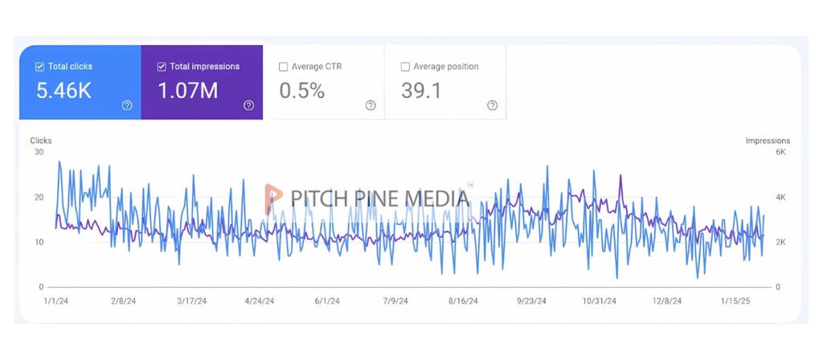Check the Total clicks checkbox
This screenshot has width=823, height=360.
click(x=39, y=67)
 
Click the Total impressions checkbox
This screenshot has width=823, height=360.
click(x=162, y=67)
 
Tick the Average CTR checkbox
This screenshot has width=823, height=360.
click(x=283, y=67)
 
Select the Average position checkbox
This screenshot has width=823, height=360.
click(x=405, y=67)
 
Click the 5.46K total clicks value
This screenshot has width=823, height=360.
click(x=63, y=91)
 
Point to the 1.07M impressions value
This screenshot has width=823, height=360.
click(x=187, y=91)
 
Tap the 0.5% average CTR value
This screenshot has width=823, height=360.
click(x=301, y=91)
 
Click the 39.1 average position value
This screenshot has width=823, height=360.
click(x=421, y=91)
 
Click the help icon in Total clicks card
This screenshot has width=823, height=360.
click(x=127, y=105)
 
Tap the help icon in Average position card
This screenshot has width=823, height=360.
click(x=492, y=105)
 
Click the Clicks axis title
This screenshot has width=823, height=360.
click(x=41, y=141)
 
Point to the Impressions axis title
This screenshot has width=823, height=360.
click(x=768, y=141)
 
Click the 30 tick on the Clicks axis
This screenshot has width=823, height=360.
click(x=39, y=152)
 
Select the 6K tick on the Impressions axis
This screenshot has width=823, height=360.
click(x=780, y=152)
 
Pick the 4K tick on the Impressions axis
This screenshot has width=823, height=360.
click(x=780, y=197)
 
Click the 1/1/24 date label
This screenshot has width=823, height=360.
click(x=56, y=301)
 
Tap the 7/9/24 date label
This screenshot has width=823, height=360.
click(x=395, y=301)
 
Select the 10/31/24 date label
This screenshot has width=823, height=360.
click(x=600, y=301)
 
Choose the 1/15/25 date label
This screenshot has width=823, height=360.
click(x=735, y=301)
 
